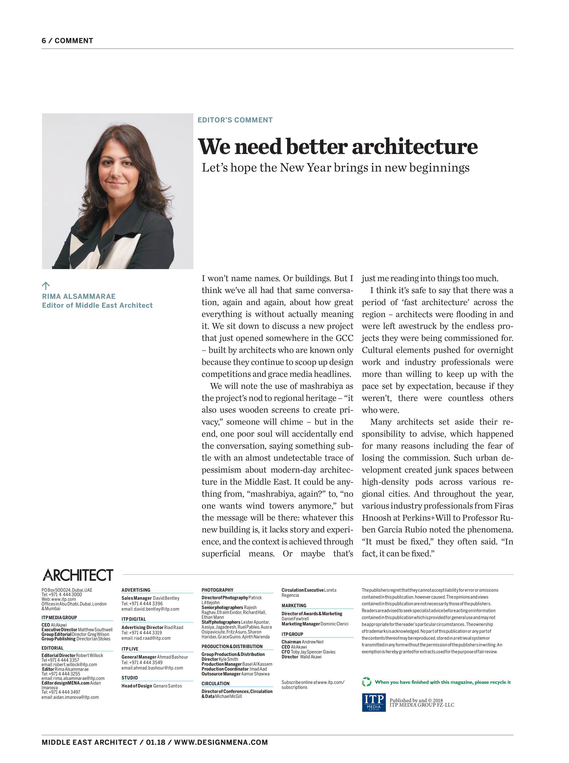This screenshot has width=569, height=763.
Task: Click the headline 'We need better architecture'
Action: [x=338, y=146]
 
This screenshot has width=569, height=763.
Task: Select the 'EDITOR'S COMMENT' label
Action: [x=235, y=120]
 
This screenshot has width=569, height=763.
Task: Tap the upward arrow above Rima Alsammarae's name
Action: [x=46, y=286]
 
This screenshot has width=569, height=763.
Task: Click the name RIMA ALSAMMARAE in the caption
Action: [x=78, y=296]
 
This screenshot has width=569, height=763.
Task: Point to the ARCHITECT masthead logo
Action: [x=78, y=575]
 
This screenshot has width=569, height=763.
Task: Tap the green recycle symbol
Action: [x=366, y=682]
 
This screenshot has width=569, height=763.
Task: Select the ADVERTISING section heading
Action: [x=136, y=590]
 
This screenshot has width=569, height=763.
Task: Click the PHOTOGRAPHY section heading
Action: [x=217, y=590]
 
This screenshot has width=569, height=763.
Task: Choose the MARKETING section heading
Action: [x=294, y=605]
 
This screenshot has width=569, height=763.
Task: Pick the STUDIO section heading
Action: [x=130, y=678]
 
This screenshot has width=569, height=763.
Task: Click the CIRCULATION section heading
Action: [x=215, y=683]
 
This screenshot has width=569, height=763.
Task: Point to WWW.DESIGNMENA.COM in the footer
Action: [x=221, y=742]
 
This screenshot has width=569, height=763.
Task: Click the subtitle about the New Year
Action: [x=335, y=168]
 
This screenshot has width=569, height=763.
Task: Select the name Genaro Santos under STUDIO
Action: [x=167, y=686]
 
